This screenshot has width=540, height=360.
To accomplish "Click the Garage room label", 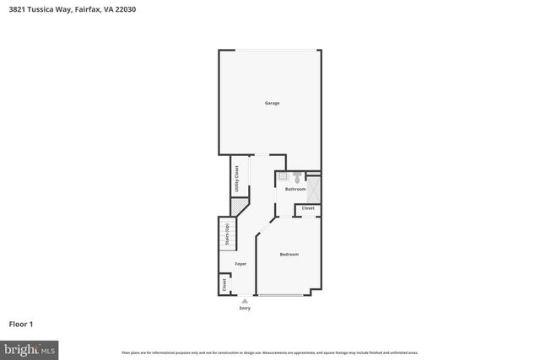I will [x=271, y=103].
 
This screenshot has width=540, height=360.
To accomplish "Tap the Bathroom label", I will [x=294, y=189].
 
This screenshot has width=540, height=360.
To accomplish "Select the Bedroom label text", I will [x=289, y=254].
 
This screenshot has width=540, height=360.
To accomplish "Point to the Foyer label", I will [x=240, y=264].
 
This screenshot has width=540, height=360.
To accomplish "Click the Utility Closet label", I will [x=236, y=179].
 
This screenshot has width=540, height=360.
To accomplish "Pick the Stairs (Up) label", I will [x=227, y=233].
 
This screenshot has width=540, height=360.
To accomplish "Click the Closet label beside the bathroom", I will [x=308, y=207].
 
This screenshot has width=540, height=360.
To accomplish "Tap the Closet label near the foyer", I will [x=224, y=285].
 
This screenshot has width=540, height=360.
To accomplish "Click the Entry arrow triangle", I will [x=245, y=300].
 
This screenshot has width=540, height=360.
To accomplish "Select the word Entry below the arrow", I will [x=245, y=308].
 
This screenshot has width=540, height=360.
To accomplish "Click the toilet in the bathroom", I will [x=298, y=178].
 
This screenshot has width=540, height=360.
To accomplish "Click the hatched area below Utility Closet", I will [x=236, y=205].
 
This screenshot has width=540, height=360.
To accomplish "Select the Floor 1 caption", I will [x=20, y=324].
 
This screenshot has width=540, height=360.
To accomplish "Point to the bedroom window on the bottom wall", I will [x=282, y=294].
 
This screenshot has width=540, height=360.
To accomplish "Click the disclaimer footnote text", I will [x=270, y=352].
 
